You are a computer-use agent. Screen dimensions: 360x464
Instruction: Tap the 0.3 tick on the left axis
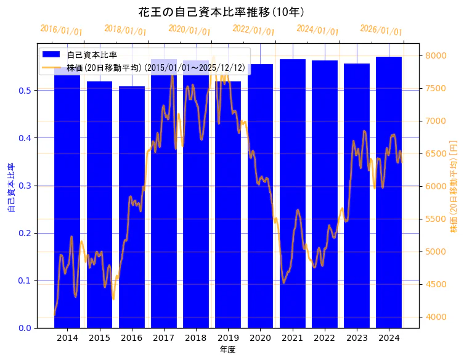[x=26, y=186]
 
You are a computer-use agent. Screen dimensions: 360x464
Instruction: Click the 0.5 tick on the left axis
[x=26, y=91]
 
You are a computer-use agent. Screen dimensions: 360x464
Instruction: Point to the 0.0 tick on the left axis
[x=26, y=328]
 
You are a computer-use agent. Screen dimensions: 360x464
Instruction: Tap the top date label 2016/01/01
[x=61, y=30]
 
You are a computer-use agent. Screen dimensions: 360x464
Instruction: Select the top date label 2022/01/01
[x=253, y=30]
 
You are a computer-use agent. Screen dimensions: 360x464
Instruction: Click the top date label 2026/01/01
[x=381, y=30]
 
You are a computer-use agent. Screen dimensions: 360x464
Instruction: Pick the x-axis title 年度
[x=227, y=350]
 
